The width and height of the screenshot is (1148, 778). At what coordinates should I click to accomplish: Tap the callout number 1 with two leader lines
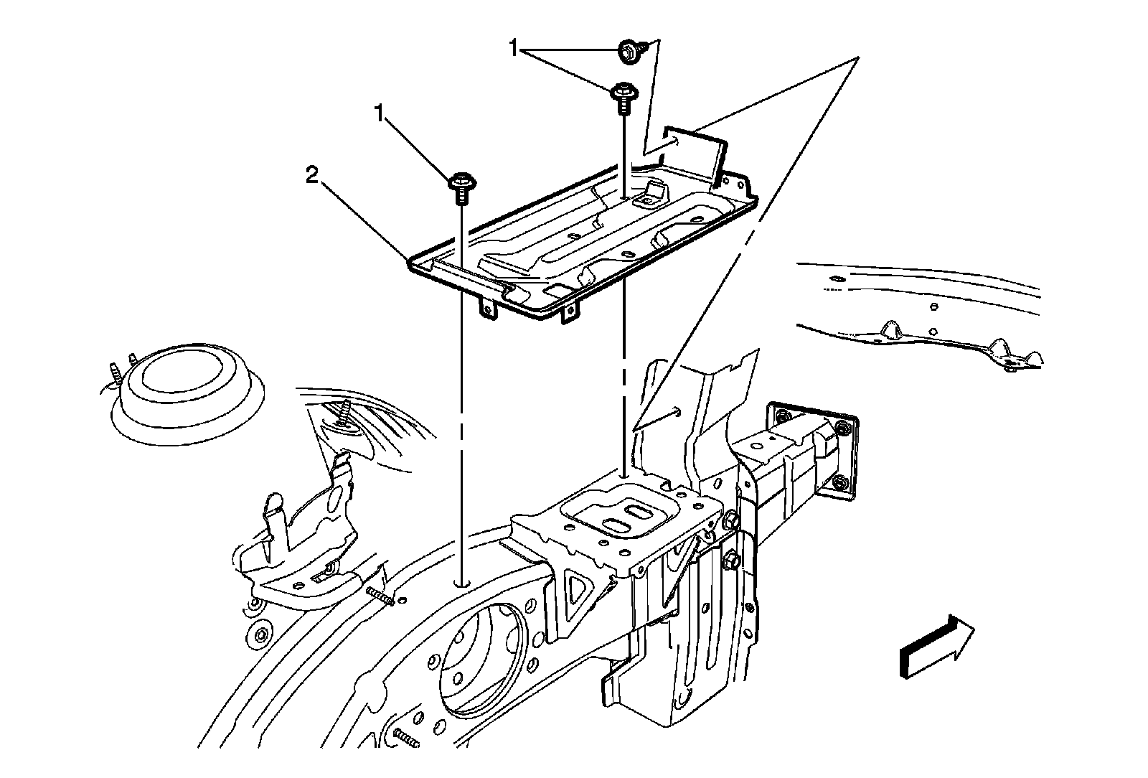click(x=514, y=49)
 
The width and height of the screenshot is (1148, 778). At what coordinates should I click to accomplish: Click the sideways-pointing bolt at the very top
click(x=629, y=50)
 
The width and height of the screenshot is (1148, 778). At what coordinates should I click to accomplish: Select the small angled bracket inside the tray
click(x=652, y=192)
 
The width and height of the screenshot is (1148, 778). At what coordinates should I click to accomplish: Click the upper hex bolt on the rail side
click(x=730, y=519)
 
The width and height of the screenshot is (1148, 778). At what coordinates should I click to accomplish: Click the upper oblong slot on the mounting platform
click(x=636, y=511)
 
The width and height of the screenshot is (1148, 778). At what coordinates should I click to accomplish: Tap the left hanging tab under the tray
click(x=488, y=306)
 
